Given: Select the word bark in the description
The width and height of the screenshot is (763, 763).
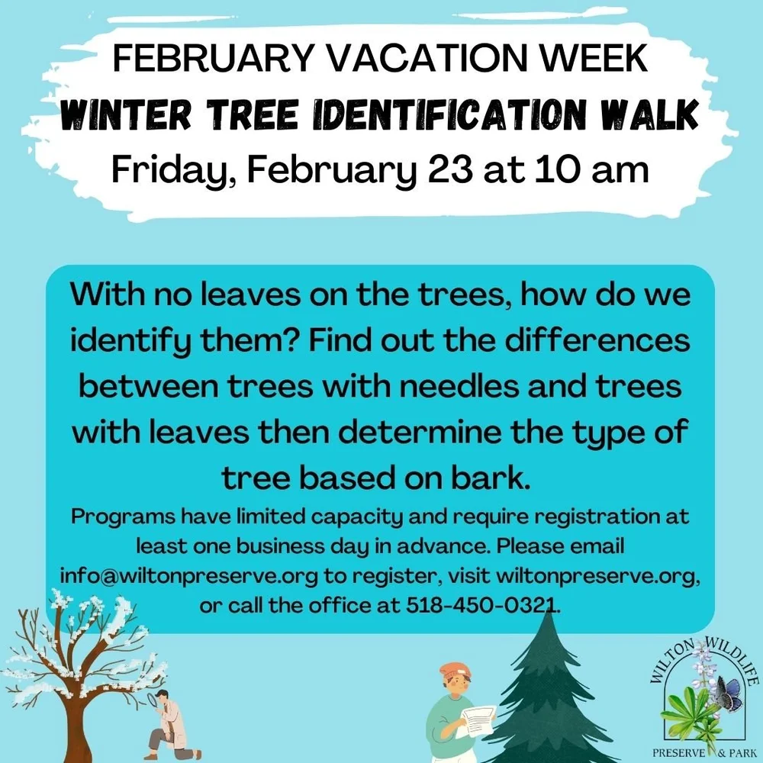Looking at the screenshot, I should (493, 478).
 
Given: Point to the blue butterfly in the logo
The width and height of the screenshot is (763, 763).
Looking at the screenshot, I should (729, 694).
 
